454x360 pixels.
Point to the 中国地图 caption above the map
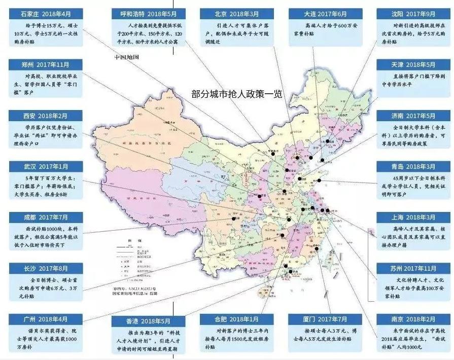126,57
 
